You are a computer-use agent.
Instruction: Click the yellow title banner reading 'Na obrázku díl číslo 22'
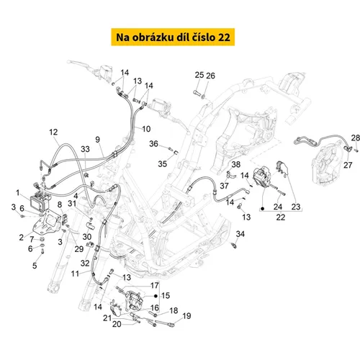pos(173,37)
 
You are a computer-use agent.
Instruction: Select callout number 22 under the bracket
pos(281,217)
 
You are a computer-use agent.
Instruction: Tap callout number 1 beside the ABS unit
pos(18,192)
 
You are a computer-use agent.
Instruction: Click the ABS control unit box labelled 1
pos(40,201)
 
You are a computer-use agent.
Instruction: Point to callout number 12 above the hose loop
pos(53,132)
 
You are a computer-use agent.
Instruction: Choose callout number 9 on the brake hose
pos(97,140)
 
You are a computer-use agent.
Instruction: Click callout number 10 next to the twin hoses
pos(146,129)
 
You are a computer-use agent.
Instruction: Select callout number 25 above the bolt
pos(199,75)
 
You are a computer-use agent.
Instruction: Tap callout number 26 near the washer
pos(210,76)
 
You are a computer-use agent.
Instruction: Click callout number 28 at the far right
pos(356,138)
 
